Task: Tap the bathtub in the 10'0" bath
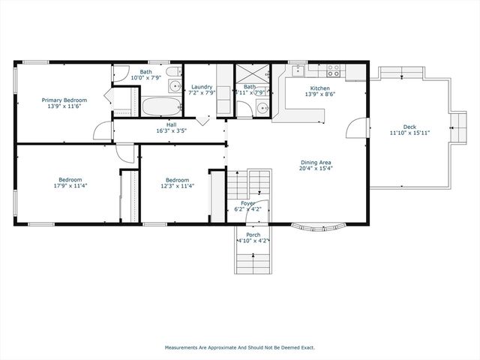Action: pos(160,106)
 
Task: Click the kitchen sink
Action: pos(297,71)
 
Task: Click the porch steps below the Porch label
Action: pos(253,262)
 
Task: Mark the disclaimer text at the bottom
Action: pos(240,347)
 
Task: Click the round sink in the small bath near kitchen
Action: pos(261,107)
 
